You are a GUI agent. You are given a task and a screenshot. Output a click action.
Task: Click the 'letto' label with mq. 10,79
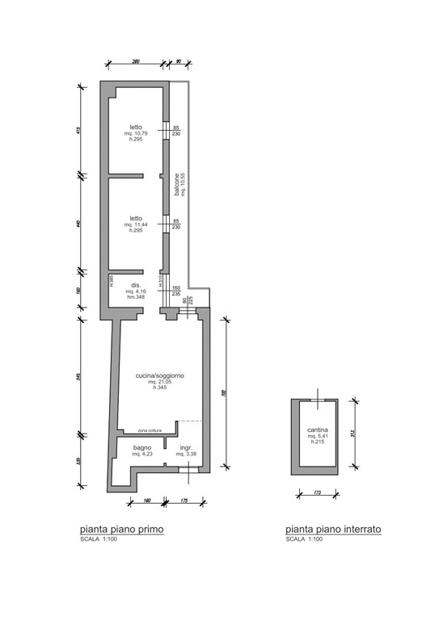click(x=136, y=125)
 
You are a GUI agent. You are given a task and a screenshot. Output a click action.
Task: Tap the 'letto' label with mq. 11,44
click(x=136, y=218)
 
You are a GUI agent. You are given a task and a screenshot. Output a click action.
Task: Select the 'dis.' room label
click(x=137, y=285)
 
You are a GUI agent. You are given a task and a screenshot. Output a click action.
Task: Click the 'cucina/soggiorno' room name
click(x=160, y=375)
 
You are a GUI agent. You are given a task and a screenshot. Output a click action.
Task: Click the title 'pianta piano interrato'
click(x=333, y=530)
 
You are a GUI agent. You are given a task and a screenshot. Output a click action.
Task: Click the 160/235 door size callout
click(x=176, y=291)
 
